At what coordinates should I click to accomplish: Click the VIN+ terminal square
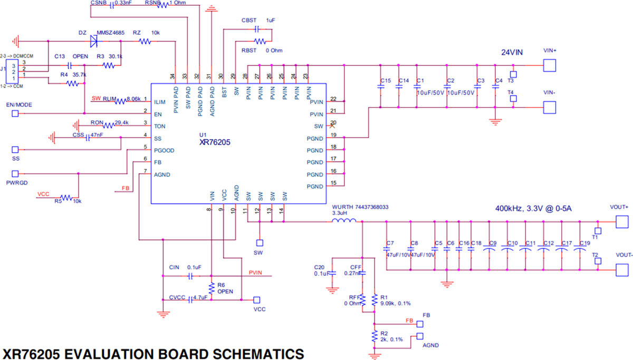click(550, 65)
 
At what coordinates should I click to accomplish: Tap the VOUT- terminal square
click(623, 270)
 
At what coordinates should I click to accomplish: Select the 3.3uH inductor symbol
click(344, 221)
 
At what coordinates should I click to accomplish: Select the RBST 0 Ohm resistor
click(259, 41)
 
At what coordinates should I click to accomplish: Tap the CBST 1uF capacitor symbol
click(257, 28)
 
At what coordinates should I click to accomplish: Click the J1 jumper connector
click(15, 70)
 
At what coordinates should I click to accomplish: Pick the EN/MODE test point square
click(15, 113)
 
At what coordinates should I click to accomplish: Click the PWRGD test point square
click(15, 173)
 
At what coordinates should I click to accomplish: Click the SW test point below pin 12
click(259, 243)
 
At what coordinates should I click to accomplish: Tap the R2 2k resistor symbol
click(374, 336)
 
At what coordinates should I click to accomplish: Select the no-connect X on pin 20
click(332, 126)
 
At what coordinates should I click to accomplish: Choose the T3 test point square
click(513, 74)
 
